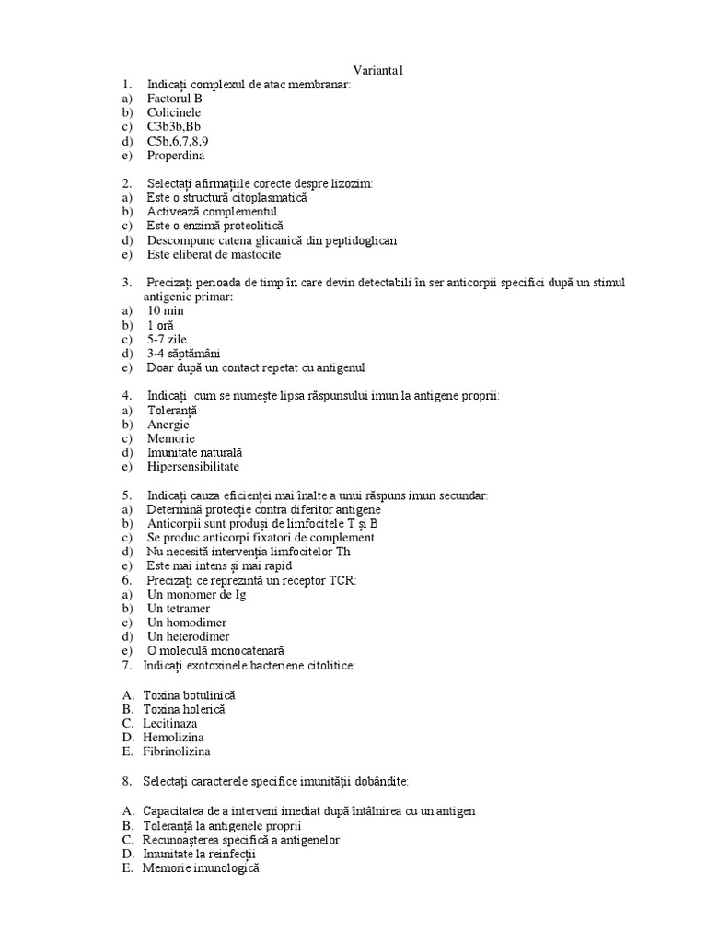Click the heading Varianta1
tap(378, 71)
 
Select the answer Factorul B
tap(174, 99)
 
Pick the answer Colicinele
tap(174, 112)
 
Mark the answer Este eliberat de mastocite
tap(214, 254)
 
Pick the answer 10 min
tap(166, 311)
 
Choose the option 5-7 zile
tap(167, 340)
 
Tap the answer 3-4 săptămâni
tap(183, 354)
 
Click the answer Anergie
tap(168, 425)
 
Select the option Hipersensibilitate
tap(192, 467)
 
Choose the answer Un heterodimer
tap(188, 636)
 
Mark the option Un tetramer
tap(178, 609)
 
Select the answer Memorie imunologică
tap(202, 867)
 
